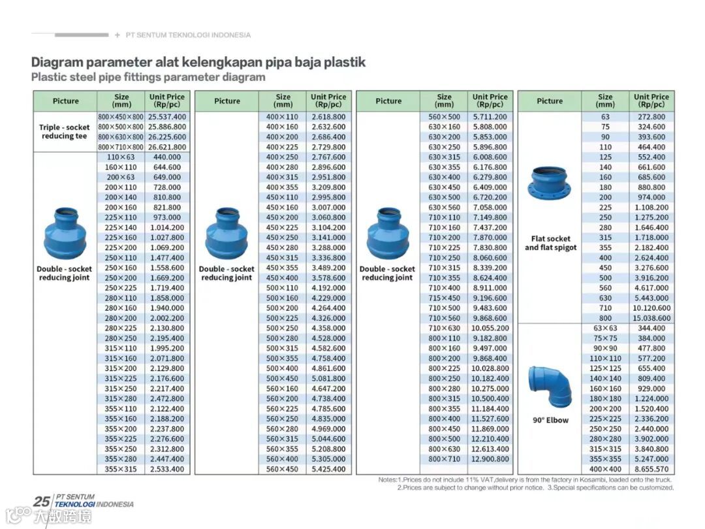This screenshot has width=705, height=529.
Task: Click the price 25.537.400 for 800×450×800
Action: [x=167, y=116]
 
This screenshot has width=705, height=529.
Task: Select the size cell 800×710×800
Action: [x=121, y=147]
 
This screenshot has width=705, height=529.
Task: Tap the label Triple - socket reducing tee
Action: [x=64, y=131]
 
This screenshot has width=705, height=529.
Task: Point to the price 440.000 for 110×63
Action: [x=167, y=157]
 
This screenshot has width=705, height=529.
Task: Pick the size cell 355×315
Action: [x=121, y=469]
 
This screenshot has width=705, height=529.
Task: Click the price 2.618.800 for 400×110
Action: [x=328, y=116]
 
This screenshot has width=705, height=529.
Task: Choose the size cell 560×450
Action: [x=283, y=469]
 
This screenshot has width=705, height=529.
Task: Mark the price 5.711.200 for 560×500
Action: [x=490, y=116]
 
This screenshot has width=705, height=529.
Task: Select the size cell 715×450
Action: [x=444, y=298]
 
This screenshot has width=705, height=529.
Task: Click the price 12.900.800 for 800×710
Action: [x=490, y=459]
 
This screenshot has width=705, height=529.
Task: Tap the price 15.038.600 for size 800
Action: [x=651, y=318]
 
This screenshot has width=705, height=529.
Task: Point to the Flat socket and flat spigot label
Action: [x=550, y=243]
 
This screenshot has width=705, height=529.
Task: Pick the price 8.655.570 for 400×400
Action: [x=651, y=469]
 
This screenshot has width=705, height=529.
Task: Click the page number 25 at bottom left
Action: [x=42, y=502]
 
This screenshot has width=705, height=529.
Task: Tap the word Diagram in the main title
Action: [x=57, y=63]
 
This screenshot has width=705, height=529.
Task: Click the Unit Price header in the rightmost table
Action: [x=651, y=101]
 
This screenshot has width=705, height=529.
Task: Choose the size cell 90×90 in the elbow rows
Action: [x=605, y=348]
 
